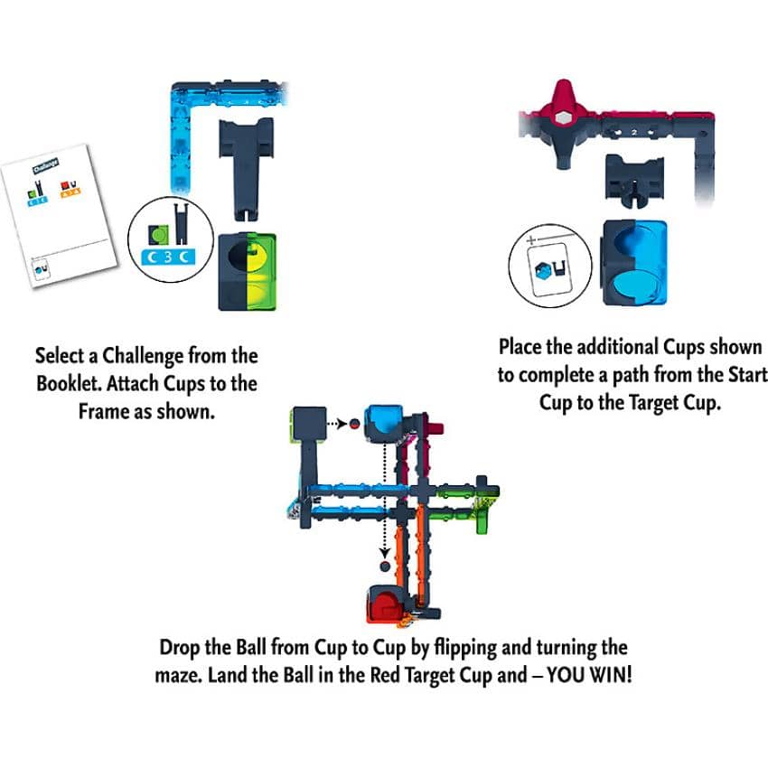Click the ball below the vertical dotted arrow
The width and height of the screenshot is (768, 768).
tap(384, 567)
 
